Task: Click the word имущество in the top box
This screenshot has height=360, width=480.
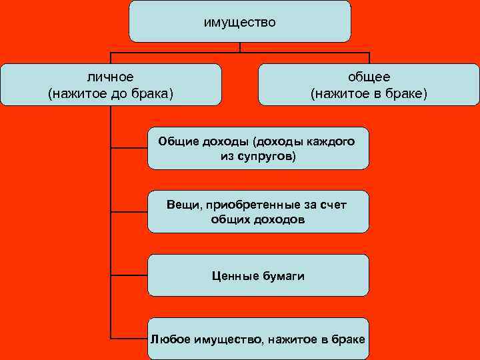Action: [239, 22]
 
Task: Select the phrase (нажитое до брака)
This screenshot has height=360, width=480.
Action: [111, 93]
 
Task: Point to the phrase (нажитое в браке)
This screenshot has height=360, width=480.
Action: [369, 93]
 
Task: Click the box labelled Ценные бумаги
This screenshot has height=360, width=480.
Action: [258, 275]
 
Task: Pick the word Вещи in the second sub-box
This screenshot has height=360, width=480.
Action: [181, 204]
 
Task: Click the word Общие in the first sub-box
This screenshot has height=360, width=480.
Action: [177, 141]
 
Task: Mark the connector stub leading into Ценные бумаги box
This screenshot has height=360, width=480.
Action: [129, 275]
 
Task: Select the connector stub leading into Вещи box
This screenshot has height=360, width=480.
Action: [129, 211]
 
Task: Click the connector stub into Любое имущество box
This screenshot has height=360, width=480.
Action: [129, 338]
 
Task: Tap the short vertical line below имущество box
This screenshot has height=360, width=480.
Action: [240, 47]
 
